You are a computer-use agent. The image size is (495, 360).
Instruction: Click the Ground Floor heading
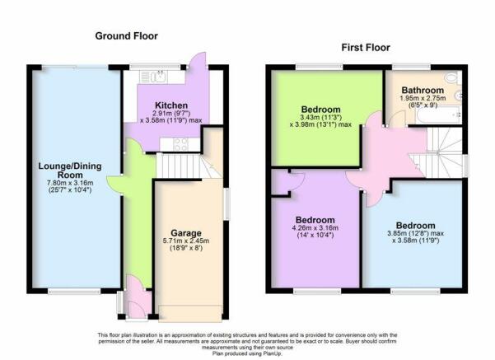coord(126,36)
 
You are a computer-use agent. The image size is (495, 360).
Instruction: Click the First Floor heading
coord(366,48)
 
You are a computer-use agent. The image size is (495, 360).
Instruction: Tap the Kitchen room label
coord(171,105)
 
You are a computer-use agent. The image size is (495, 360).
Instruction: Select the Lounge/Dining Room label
coord(70,171)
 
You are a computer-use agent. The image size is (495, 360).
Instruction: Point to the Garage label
coord(186,233)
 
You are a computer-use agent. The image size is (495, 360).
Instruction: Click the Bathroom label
coord(423,90)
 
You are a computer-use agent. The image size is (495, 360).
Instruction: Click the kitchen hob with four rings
coord(180,145)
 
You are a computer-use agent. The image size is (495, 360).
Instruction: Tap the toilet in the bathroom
coord(453,77)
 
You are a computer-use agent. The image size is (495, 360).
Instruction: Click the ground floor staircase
coord(189,166)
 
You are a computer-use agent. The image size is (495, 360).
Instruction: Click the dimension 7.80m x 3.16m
coord(70,183)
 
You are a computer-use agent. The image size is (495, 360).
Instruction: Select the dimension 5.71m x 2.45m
coord(186,241)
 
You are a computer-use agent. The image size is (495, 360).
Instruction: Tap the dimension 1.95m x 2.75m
coord(423,98)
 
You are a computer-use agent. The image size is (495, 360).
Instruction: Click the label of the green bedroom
coord(320,110)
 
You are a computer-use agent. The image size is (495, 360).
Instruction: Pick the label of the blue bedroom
coord(415,226)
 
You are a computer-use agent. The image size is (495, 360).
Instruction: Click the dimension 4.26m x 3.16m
coord(315,228)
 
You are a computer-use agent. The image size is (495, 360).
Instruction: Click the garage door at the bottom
coord(189,314)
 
